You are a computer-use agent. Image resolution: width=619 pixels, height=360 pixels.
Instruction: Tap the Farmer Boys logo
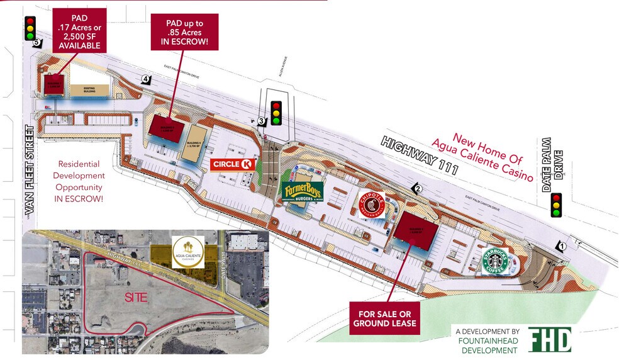point(303,192)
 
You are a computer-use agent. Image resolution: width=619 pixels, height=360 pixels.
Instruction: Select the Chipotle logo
point(371,205)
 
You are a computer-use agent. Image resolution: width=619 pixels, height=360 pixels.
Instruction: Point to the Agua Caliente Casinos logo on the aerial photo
point(187,252)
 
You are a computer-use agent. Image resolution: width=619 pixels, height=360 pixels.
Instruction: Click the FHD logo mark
point(550,339)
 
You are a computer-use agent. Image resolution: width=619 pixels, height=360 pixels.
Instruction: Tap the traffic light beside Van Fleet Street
point(30,28)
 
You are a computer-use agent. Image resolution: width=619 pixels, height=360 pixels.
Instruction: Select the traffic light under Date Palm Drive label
point(555,205)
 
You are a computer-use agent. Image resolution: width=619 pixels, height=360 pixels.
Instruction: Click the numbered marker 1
point(562,247)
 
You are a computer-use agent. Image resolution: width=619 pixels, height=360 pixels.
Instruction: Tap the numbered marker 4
point(146,79)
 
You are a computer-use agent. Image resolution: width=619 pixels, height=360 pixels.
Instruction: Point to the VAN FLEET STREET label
point(28,171)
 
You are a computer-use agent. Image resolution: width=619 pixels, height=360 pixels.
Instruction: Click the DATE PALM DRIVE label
point(550,164)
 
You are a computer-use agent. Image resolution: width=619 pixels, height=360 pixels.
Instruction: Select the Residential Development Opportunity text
point(79,180)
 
